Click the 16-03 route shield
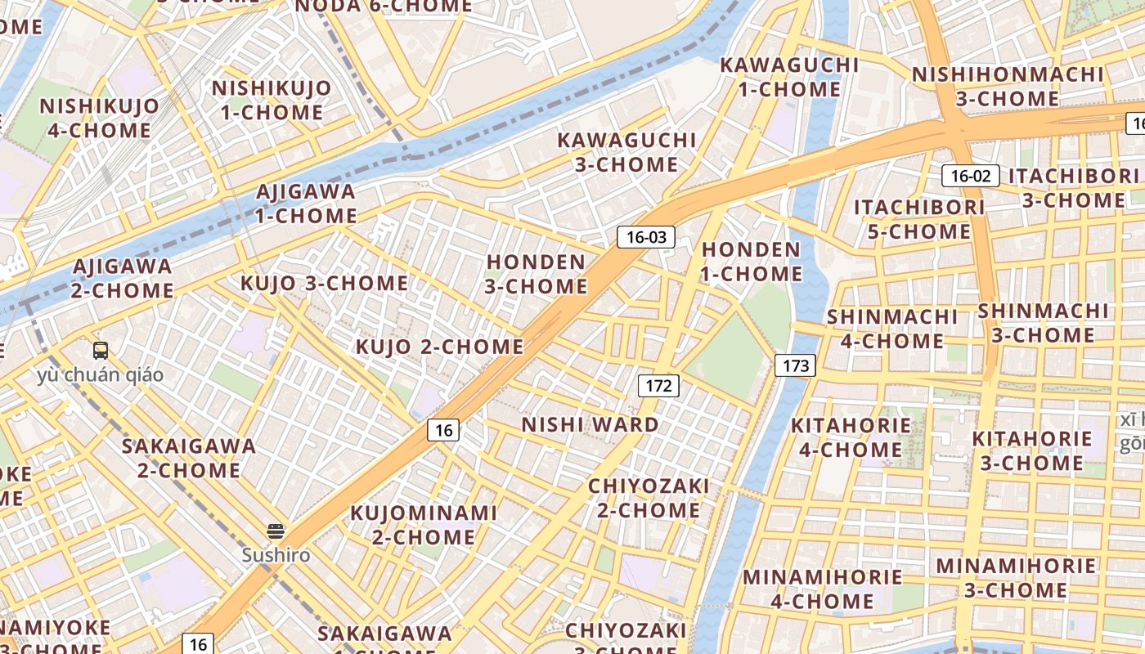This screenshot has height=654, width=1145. pyautogui.click(x=645, y=238)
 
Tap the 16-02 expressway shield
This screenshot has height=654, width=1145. pyautogui.click(x=970, y=176)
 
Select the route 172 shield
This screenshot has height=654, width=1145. pyautogui.click(x=658, y=386)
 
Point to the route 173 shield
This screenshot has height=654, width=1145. pyautogui.click(x=795, y=365)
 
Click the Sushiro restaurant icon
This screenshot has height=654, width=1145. pyautogui.click(x=276, y=532)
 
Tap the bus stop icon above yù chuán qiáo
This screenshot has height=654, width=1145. pyautogui.click(x=101, y=351)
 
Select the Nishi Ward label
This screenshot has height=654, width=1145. pyautogui.click(x=590, y=425)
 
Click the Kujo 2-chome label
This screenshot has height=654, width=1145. pyautogui.click(x=439, y=347)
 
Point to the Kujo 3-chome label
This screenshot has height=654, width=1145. pyautogui.click(x=324, y=284)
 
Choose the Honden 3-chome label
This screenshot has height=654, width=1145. pyautogui.click(x=537, y=275)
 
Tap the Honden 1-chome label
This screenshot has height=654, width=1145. pyautogui.click(x=752, y=262)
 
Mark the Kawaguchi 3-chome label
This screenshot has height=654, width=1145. pyautogui.click(x=626, y=152)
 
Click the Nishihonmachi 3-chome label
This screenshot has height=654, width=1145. pyautogui.click(x=1008, y=87)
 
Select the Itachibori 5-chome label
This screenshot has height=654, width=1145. pyautogui.click(x=919, y=219)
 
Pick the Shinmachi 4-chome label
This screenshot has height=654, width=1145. pyautogui.click(x=892, y=329)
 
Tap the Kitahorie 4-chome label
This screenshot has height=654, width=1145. pyautogui.click(x=851, y=437)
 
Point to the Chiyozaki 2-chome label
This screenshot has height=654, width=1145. pyautogui.click(x=649, y=499)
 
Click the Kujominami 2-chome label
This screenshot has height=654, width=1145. pyautogui.click(x=424, y=525)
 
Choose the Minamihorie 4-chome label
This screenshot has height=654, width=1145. pyautogui.click(x=823, y=589)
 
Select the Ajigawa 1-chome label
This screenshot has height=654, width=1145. pyautogui.click(x=306, y=204)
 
